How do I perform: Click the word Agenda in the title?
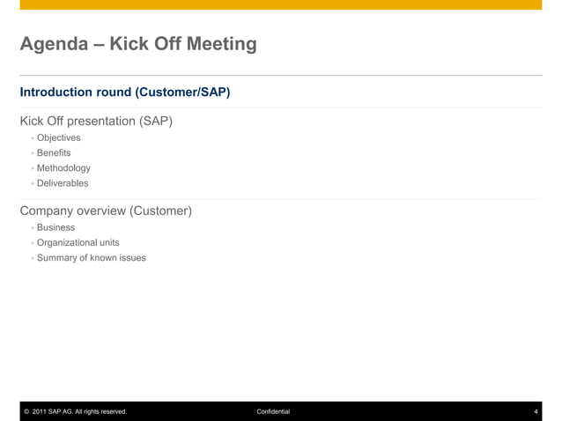(55, 44)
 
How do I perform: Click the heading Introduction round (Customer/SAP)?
(125, 92)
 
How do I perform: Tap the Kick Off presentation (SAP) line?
(96, 121)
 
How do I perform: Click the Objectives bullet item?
(58, 138)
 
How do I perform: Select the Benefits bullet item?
(54, 153)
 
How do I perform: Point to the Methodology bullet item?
(63, 168)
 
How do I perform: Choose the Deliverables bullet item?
(63, 183)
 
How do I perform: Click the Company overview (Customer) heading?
(106, 211)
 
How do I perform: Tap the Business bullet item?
(55, 228)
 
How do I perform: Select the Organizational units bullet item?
(78, 243)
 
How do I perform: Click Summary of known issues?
(91, 258)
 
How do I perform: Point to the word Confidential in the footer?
(273, 411)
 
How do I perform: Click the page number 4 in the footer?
(536, 411)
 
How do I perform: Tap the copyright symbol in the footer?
(26, 411)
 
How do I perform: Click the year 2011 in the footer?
(39, 411)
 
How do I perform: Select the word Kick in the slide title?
(129, 44)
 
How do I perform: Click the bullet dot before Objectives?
(33, 138)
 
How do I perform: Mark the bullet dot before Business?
(33, 228)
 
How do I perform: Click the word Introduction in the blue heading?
(55, 92)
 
